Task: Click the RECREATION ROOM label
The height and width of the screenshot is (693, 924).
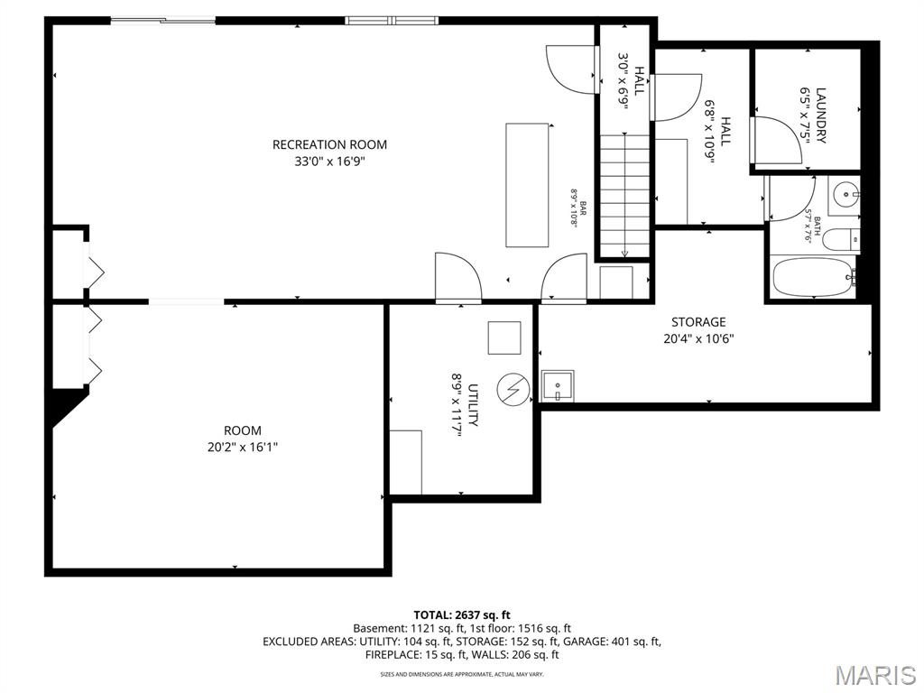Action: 329,144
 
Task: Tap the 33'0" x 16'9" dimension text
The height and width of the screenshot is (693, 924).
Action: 329,162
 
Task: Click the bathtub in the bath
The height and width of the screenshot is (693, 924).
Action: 813,277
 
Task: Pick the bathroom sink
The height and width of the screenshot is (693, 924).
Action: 844,193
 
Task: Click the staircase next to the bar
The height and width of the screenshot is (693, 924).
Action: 624,195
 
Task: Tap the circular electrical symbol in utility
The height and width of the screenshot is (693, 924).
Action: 513,390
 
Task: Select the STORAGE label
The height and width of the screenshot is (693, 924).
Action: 698,322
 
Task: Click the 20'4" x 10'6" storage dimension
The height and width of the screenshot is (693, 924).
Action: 698,339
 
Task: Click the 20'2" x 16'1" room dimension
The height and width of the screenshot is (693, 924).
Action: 243,447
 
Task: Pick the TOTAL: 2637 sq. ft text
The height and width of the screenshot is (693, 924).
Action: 462,614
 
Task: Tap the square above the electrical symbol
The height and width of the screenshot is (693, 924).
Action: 504,337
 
